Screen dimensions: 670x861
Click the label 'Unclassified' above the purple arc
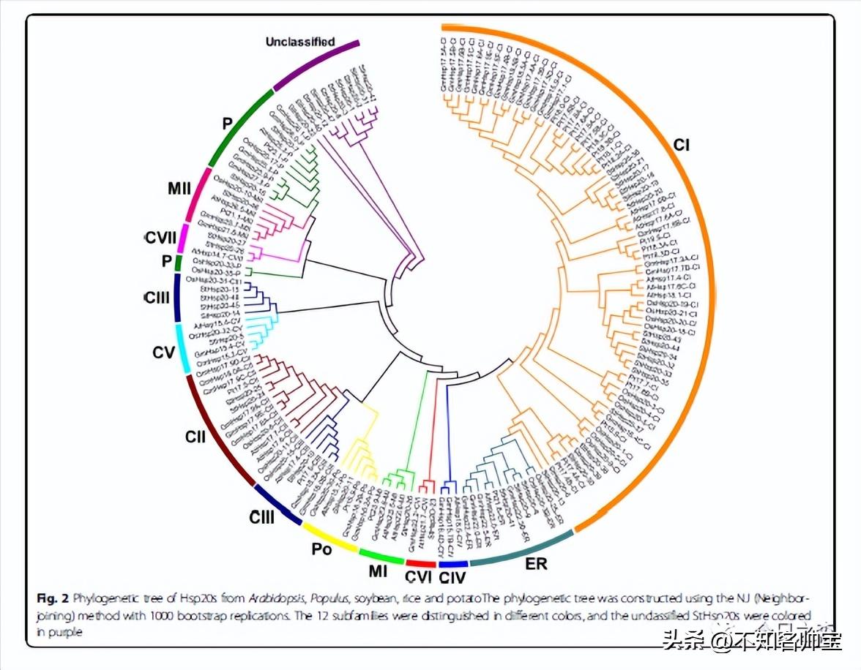pyautogui.click(x=300, y=42)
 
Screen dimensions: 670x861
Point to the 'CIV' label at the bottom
pyautogui.click(x=454, y=578)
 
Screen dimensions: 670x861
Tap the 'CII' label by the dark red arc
pyautogui.click(x=195, y=437)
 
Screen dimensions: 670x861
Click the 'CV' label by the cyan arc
pyautogui.click(x=163, y=353)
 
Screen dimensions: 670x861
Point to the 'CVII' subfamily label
pyautogui.click(x=160, y=238)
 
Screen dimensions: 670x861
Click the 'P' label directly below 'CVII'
pyautogui.click(x=168, y=261)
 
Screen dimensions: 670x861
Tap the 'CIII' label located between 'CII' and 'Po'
pyautogui.click(x=261, y=518)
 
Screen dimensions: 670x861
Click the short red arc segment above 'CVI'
pyautogui.click(x=420, y=563)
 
